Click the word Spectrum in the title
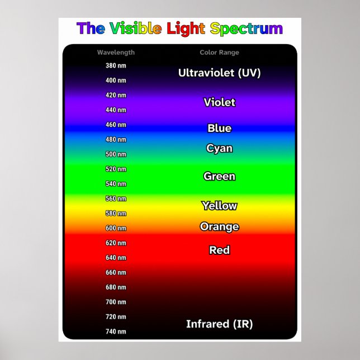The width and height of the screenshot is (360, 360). pyautogui.click(x=247, y=29)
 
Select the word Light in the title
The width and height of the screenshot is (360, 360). pyautogui.click(x=186, y=29)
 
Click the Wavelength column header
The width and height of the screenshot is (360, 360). pyautogui.click(x=116, y=53)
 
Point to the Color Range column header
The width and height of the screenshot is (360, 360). pyautogui.click(x=219, y=53)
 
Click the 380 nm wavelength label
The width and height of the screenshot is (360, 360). pyautogui.click(x=116, y=65)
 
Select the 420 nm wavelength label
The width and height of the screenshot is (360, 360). pyautogui.click(x=116, y=95)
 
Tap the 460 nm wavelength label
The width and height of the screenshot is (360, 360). pyautogui.click(x=116, y=125)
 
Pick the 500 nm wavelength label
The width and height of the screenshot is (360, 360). pyautogui.click(x=116, y=154)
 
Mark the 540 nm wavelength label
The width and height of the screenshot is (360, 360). pyautogui.click(x=116, y=184)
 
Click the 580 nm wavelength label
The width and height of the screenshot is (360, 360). pyautogui.click(x=116, y=214)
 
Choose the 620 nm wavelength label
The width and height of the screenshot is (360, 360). pyautogui.click(x=116, y=243)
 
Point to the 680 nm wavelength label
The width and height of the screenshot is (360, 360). pyautogui.click(x=116, y=287)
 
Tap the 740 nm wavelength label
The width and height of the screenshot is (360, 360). pyautogui.click(x=116, y=331)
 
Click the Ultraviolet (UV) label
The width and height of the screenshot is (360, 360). pyautogui.click(x=219, y=73)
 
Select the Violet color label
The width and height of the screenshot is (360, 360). pyautogui.click(x=219, y=102)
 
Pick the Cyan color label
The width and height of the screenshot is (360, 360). pyautogui.click(x=219, y=149)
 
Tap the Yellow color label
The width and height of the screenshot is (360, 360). pyautogui.click(x=219, y=206)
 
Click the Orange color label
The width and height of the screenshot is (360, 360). pyautogui.click(x=219, y=226)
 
